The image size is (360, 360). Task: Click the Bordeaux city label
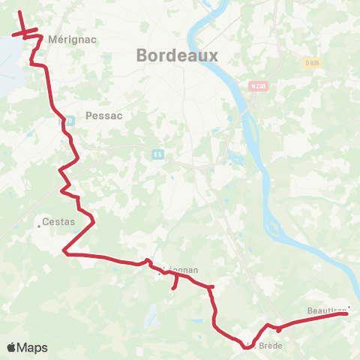[x=176, y=55]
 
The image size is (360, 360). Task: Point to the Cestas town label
[x=58, y=221]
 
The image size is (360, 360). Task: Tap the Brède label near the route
[x=264, y=346]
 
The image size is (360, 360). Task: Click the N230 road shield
[x=258, y=86]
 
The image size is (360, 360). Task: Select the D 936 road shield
[x=312, y=63]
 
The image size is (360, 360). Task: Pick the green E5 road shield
[x=157, y=154]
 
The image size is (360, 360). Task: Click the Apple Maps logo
[x=27, y=347]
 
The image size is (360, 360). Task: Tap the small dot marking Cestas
[x=40, y=223]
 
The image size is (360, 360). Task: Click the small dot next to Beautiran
[x=348, y=306]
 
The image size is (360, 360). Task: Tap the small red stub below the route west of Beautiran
[x=278, y=330]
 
